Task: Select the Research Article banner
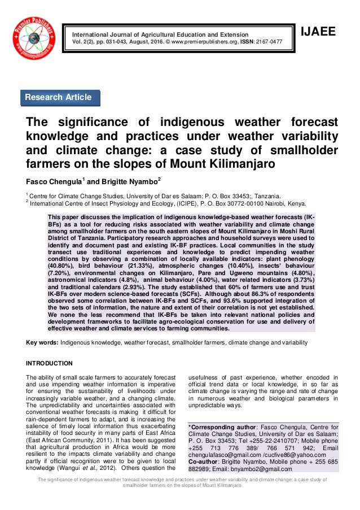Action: pos(58,98)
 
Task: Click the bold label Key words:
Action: pos(42,342)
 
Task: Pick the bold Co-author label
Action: pos(206,462)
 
